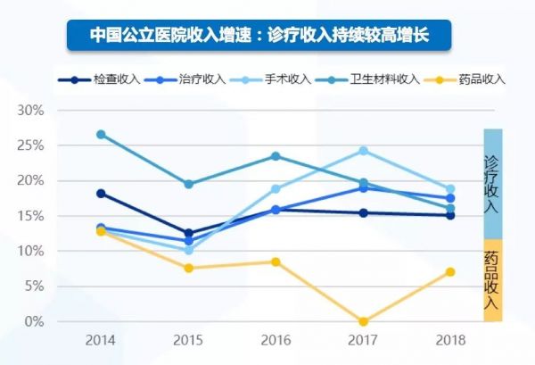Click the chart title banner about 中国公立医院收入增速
pyautogui.click(x=259, y=36)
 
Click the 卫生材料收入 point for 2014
pyautogui.click(x=101, y=135)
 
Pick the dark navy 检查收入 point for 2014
pyautogui.click(x=101, y=194)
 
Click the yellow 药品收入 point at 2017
pyautogui.click(x=363, y=321)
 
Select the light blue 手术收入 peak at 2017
pyautogui.click(x=363, y=151)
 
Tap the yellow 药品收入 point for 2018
pyautogui.click(x=450, y=272)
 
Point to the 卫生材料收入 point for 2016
pyautogui.click(x=276, y=156)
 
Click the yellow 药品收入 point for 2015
pyautogui.click(x=188, y=268)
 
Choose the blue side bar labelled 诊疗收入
pyautogui.click(x=493, y=184)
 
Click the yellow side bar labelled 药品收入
pyautogui.click(x=493, y=279)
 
